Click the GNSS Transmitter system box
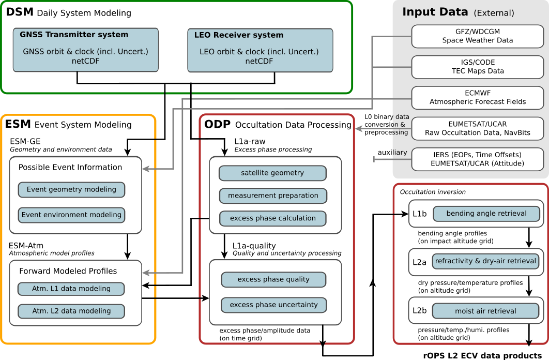click(x=85, y=50)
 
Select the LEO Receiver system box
click(x=260, y=50)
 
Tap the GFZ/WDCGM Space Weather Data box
click(x=477, y=36)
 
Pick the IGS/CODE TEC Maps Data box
click(x=477, y=67)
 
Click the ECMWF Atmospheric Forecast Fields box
click(x=477, y=98)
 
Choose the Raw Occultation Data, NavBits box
click(x=477, y=129)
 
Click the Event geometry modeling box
click(x=71, y=189)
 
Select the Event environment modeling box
click(x=71, y=215)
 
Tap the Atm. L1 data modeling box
click(x=71, y=289)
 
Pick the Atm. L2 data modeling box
click(x=71, y=311)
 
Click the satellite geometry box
click(x=272, y=173)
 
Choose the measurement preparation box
click(x=272, y=196)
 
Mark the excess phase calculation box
click(x=272, y=218)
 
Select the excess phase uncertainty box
click(x=273, y=305)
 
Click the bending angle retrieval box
click(x=486, y=213)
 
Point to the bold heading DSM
click(x=20, y=12)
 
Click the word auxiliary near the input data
click(x=392, y=153)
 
